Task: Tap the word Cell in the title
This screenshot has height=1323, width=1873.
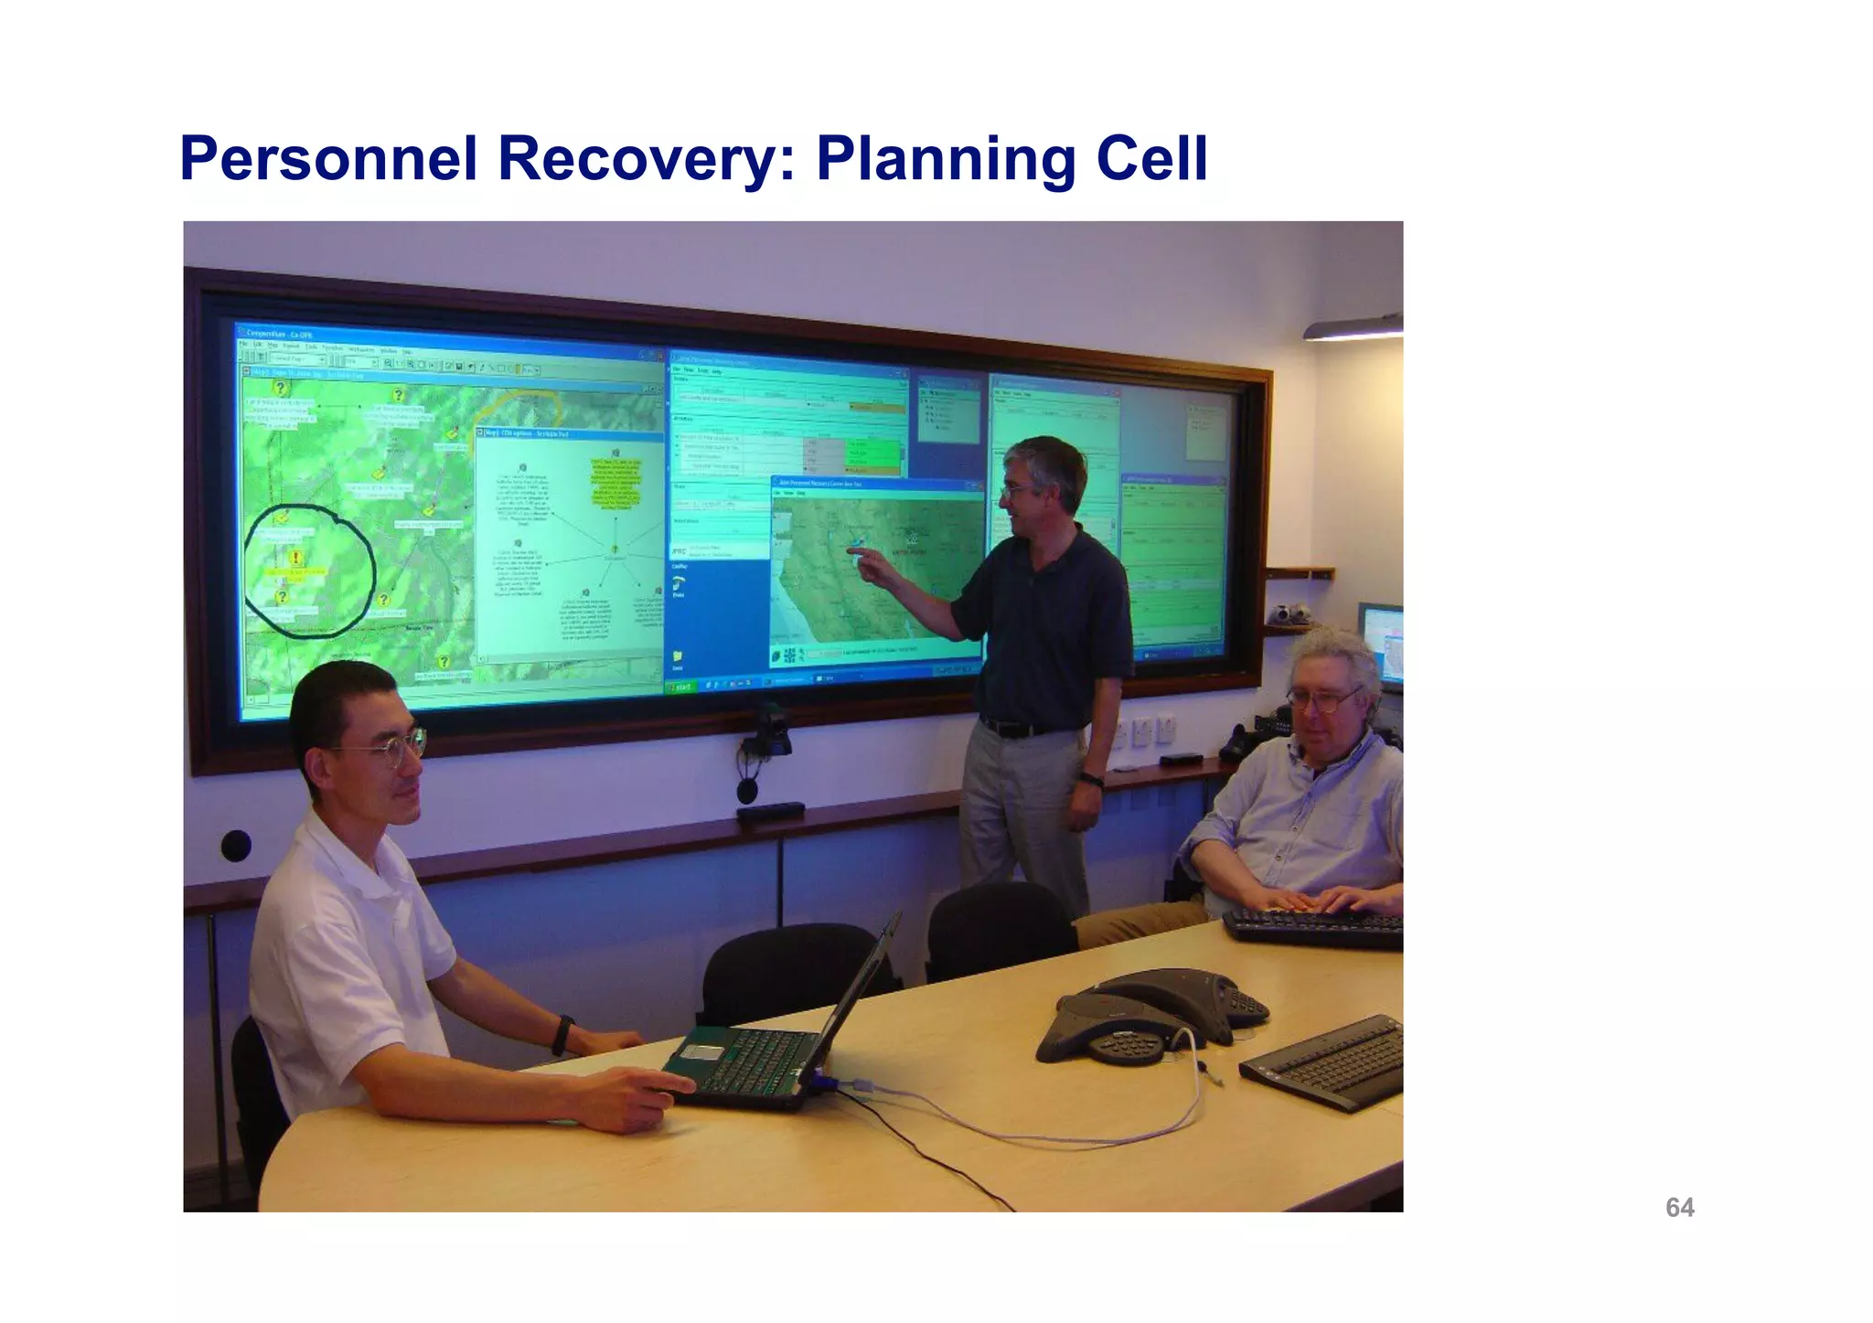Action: (1151, 159)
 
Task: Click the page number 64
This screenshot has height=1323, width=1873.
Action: (1679, 1208)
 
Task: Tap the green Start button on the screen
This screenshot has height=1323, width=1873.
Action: (681, 686)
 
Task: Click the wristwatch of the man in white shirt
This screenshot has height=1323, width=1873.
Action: (562, 1035)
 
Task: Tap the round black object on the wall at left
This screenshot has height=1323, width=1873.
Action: (235, 846)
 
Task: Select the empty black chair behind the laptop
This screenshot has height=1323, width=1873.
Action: (791, 969)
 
